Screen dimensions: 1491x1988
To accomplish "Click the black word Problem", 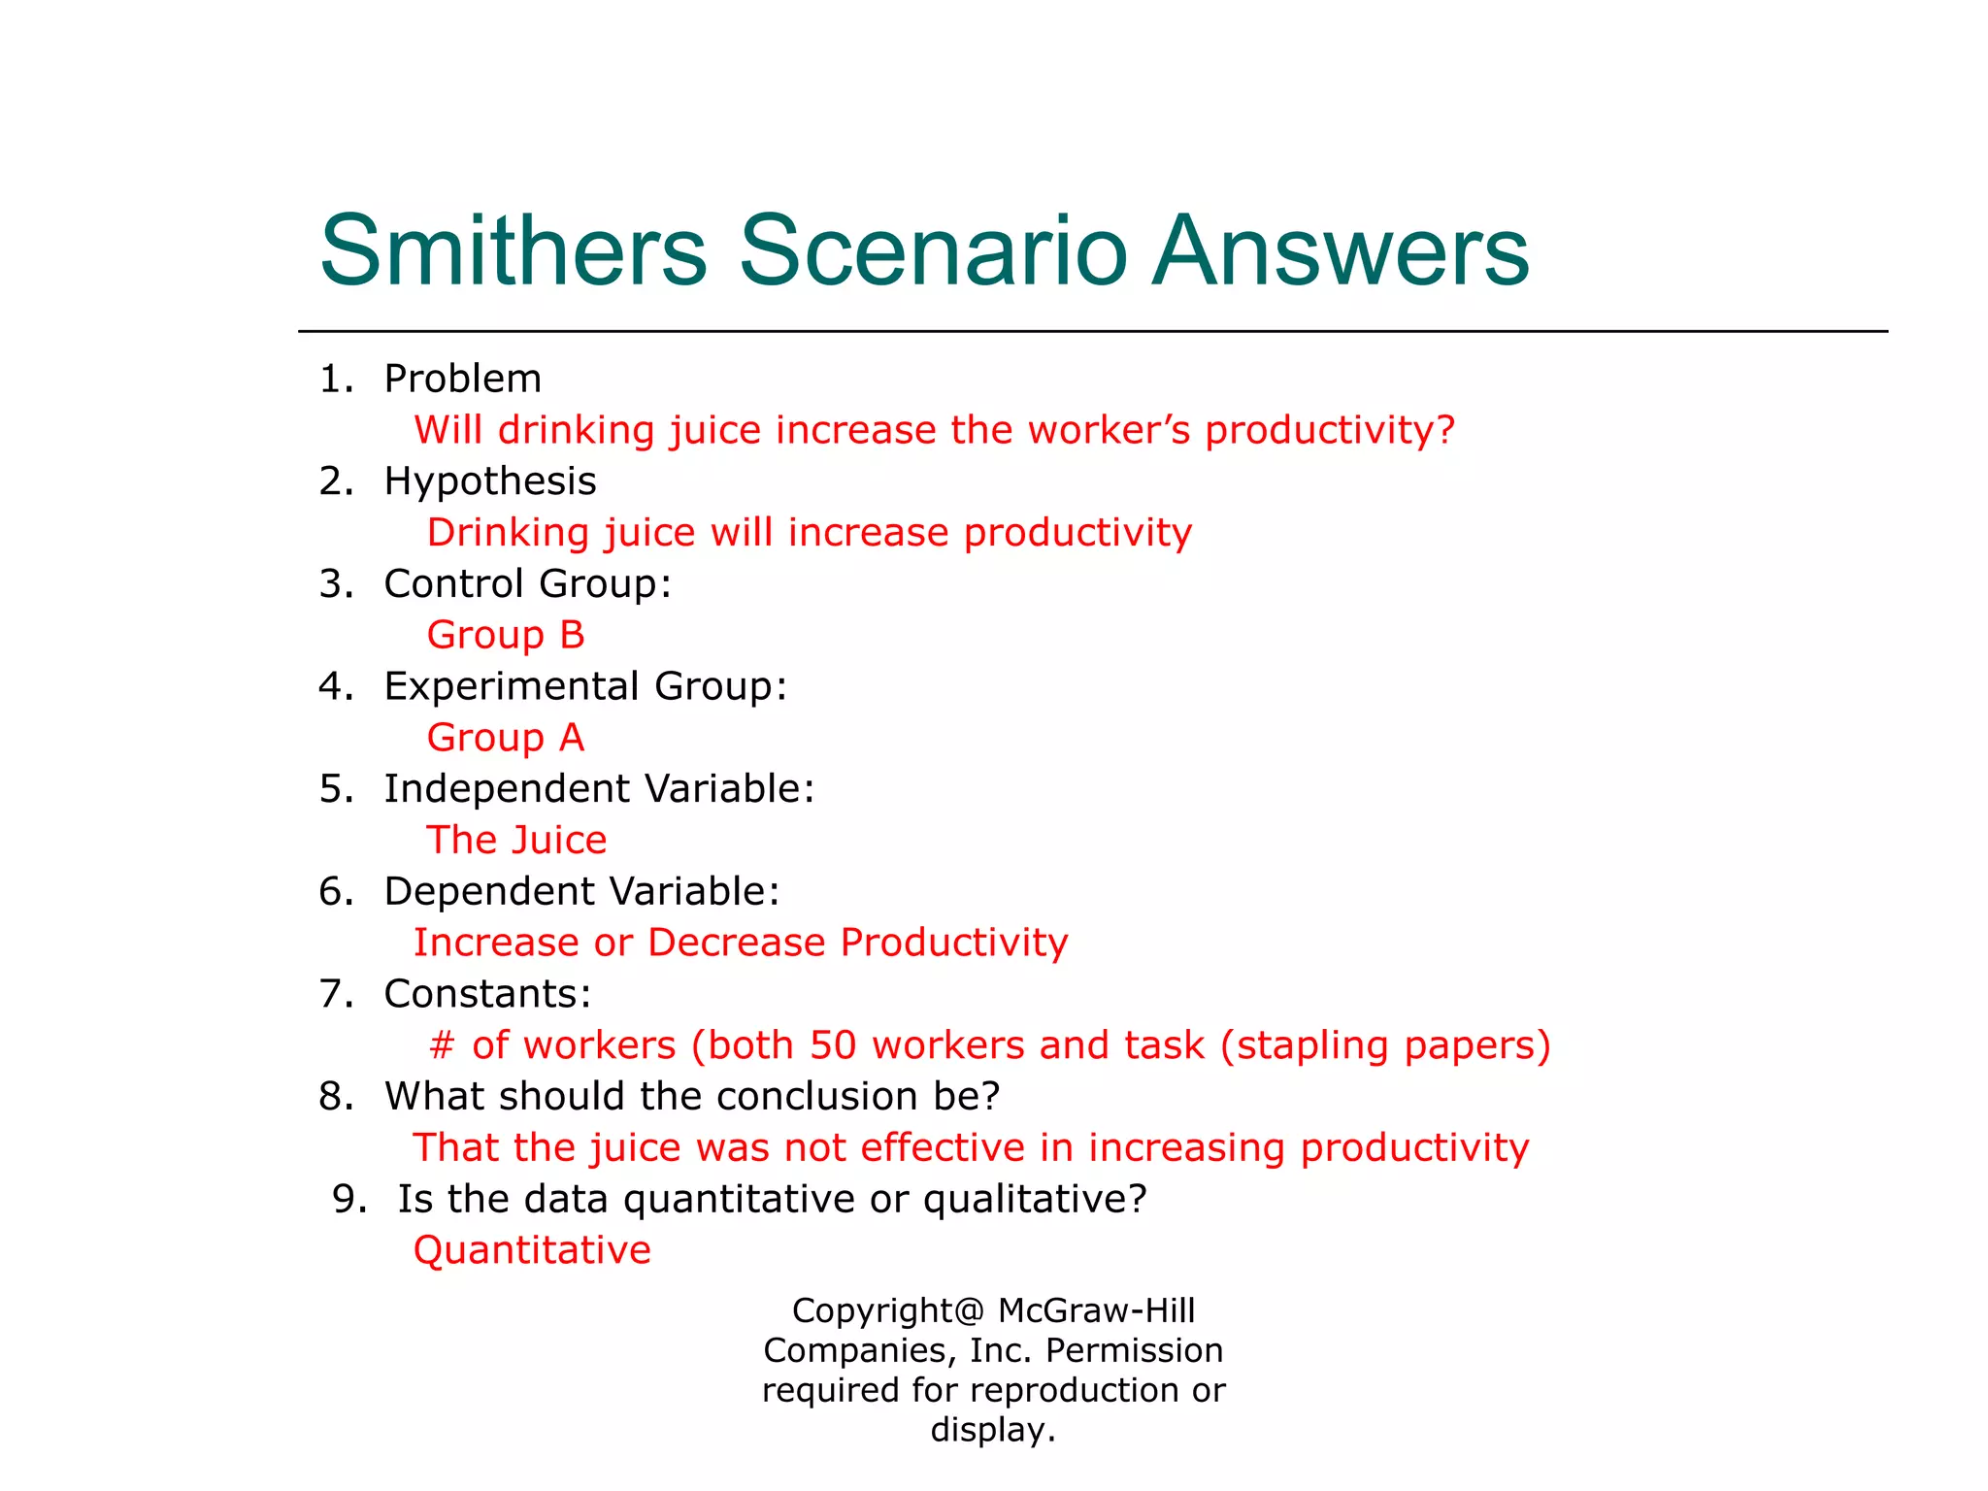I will pos(462,379).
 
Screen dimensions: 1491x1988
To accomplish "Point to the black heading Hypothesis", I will pos(490,481).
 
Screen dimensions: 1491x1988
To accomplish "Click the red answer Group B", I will pos(506,635).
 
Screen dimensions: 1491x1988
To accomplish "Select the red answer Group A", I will pos(506,738).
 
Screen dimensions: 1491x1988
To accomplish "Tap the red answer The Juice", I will pos(516,840).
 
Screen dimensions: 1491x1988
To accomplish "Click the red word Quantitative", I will pos(532,1250).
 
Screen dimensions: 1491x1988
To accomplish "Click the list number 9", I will pos(347,1199).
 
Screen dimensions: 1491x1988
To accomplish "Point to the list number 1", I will pos(333,379).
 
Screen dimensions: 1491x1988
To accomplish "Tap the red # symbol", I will pos(442,1045).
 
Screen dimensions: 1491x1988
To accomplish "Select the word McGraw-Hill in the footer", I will pos(1096,1310).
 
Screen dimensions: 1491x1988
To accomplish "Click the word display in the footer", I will pos(989,1430).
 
